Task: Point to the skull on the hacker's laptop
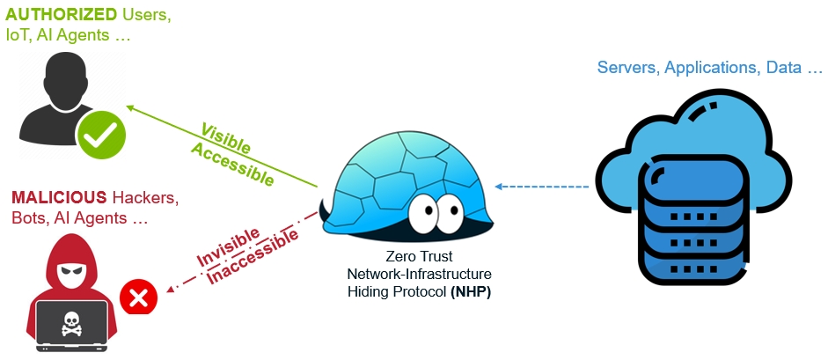tap(70, 325)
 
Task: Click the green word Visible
tap(225, 137)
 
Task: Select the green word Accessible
tap(233, 161)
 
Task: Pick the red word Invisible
tap(228, 247)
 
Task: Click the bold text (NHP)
tap(470, 291)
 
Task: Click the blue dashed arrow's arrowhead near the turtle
tap(499, 187)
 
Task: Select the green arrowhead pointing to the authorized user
tap(130, 107)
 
